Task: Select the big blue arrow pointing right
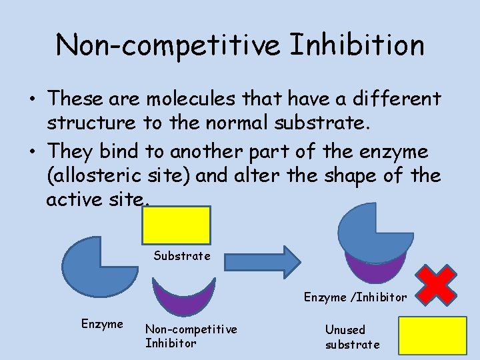pyautogui.click(x=257, y=261)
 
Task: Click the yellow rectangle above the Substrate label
pyautogui.click(x=176, y=225)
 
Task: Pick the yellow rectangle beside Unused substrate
pyautogui.click(x=432, y=335)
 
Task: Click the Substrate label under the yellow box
pyautogui.click(x=182, y=256)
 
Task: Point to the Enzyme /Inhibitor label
pyautogui.click(x=355, y=297)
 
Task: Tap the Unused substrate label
pyautogui.click(x=352, y=337)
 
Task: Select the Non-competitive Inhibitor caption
pyautogui.click(x=191, y=336)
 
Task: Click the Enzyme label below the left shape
pyautogui.click(x=102, y=324)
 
